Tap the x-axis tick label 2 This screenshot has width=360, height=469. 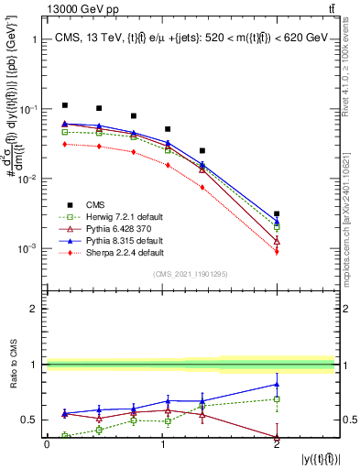click(277, 444)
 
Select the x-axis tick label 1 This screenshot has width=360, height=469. click(162, 444)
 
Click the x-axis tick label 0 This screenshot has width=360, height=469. click(48, 444)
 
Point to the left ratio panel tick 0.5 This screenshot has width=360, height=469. click(34, 420)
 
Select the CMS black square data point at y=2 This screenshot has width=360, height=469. click(277, 213)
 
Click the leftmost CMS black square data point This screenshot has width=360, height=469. click(64, 105)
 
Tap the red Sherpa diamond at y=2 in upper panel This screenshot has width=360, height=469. click(277, 251)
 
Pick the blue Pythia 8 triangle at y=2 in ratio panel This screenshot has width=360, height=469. click(277, 384)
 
